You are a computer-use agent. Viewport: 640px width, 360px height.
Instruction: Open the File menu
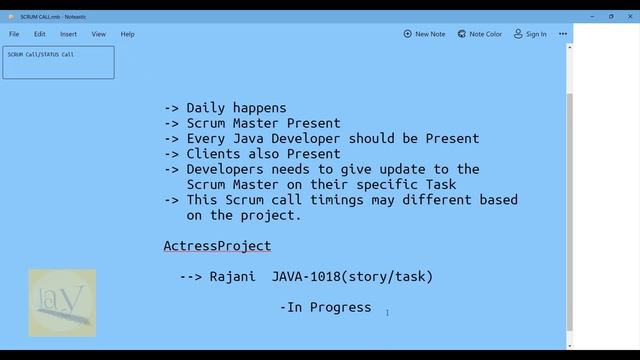(x=14, y=34)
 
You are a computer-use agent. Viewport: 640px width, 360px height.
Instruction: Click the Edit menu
(x=39, y=34)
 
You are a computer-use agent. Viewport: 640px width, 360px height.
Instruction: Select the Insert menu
(x=68, y=34)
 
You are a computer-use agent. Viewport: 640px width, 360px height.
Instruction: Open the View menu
(x=99, y=34)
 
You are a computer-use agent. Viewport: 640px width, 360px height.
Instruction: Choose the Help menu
(x=128, y=34)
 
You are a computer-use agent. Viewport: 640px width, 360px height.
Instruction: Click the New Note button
(x=425, y=34)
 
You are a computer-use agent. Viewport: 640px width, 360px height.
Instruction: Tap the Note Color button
(x=479, y=34)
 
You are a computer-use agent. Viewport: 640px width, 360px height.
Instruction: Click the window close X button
(x=630, y=16)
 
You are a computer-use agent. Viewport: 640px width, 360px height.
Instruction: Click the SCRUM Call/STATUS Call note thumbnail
(x=58, y=62)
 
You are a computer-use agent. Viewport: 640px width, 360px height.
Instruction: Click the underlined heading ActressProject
(x=217, y=246)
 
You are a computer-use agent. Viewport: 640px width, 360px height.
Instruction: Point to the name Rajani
(x=233, y=277)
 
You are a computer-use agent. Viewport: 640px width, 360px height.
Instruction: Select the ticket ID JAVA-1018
(x=309, y=277)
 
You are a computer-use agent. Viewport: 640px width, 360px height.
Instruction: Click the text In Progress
(x=329, y=308)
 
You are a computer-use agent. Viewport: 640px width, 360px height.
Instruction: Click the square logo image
(x=62, y=302)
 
